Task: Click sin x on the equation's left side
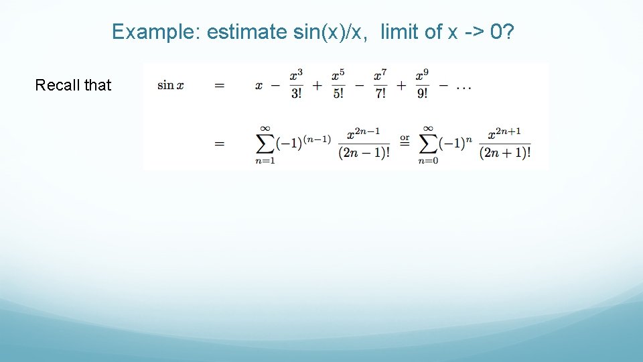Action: tap(170, 86)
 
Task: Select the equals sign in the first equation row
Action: tap(219, 86)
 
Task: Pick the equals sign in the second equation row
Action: tap(219, 143)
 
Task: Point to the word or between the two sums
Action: tap(405, 139)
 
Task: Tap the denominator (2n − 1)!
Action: tap(364, 153)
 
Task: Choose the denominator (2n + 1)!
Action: tap(505, 153)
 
